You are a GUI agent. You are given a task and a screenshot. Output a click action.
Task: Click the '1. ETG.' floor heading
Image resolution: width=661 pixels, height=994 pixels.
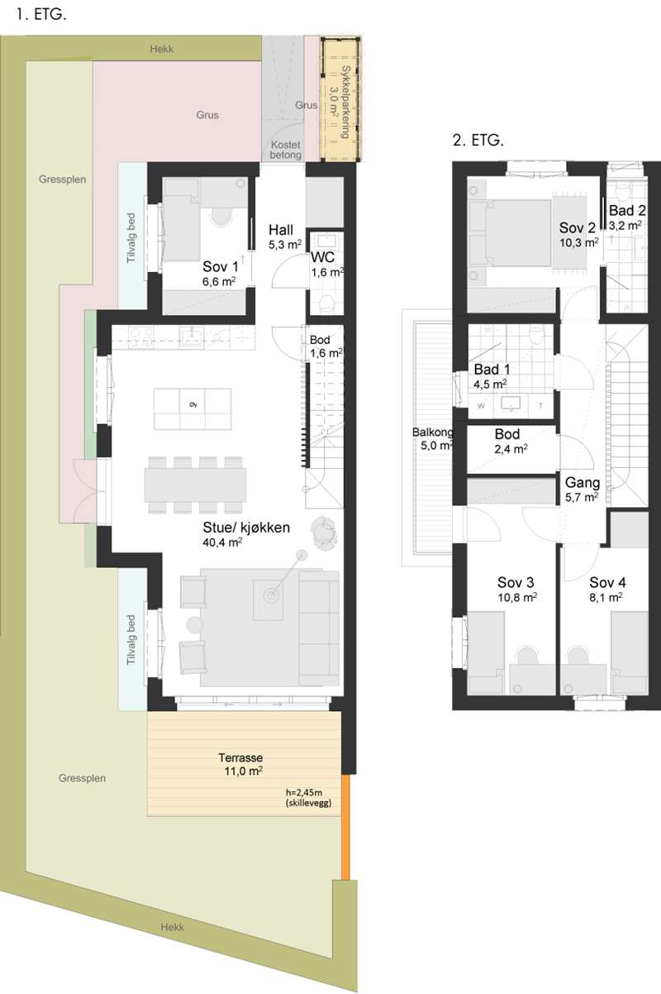[x=41, y=15]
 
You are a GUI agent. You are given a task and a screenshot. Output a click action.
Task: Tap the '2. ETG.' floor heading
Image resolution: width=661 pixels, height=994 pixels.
[x=478, y=141]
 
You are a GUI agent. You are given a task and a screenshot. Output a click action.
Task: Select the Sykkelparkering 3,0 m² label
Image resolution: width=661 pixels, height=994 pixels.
[x=340, y=102]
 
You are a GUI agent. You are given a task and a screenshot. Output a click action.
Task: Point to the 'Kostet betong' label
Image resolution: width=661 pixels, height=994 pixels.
[x=286, y=150]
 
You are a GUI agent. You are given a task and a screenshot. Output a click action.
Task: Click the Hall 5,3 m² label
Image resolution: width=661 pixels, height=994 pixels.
[x=284, y=237]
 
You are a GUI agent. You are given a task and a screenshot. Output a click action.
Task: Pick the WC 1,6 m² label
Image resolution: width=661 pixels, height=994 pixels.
[x=327, y=264]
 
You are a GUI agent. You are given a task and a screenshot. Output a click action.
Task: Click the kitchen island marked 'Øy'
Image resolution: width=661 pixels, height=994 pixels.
[x=193, y=409]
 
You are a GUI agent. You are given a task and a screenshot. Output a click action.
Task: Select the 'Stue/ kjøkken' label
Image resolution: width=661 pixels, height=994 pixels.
[x=246, y=527]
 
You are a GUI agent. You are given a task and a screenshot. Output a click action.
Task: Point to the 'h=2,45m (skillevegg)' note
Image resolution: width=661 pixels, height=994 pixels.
[x=308, y=797]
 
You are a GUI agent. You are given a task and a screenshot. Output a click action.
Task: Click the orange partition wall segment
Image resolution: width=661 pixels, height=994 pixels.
[x=346, y=828]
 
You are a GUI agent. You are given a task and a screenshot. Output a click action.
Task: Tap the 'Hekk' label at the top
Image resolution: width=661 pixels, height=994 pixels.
[x=162, y=49]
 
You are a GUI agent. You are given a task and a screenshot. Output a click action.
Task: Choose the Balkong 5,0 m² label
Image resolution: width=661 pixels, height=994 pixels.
[x=433, y=438]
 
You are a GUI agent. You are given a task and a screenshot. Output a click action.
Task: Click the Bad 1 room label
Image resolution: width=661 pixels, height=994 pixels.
[x=492, y=376]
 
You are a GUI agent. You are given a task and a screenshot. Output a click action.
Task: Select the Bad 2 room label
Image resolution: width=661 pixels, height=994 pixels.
[x=627, y=217]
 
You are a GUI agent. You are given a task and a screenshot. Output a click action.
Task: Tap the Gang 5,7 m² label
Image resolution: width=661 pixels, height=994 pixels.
[x=582, y=489]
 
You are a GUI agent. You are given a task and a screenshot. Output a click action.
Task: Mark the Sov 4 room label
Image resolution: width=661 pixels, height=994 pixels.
[x=607, y=590]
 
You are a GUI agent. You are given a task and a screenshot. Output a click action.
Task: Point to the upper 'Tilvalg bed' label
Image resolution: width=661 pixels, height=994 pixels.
[x=131, y=238]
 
